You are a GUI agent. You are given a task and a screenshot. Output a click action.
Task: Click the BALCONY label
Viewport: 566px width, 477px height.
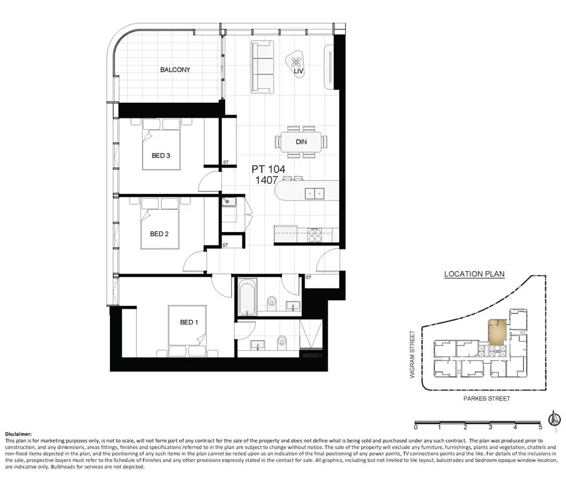(175, 70)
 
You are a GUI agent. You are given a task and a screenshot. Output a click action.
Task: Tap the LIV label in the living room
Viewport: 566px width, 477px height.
(299, 72)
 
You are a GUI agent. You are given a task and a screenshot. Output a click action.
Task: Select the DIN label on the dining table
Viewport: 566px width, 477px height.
(301, 142)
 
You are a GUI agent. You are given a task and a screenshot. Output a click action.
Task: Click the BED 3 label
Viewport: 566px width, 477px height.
(160, 155)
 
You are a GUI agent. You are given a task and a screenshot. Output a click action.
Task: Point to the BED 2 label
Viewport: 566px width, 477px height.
(159, 234)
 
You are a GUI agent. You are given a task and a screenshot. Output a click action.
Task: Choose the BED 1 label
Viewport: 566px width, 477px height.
(189, 322)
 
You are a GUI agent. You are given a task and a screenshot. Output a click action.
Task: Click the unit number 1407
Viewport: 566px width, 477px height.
(266, 180)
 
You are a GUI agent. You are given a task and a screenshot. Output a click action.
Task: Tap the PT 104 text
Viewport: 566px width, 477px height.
(268, 169)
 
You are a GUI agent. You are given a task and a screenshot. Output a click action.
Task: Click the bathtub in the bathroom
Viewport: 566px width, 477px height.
(247, 297)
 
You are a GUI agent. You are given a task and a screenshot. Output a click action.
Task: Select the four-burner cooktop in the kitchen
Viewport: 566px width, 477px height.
(314, 235)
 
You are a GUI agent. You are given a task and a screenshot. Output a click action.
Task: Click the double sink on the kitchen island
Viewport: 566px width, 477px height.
(315, 194)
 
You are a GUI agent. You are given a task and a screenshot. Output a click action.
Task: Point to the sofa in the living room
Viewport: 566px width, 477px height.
(262, 67)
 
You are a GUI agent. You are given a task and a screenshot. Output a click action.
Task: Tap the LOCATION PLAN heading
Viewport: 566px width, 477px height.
(474, 274)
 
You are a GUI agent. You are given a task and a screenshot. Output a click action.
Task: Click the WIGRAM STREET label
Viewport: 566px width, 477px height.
(412, 355)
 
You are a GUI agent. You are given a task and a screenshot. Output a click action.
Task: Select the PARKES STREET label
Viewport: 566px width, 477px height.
(487, 399)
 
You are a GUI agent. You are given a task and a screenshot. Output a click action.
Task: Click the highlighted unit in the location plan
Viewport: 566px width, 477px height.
(497, 332)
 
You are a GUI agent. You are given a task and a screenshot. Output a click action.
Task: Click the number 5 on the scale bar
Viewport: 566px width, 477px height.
(540, 427)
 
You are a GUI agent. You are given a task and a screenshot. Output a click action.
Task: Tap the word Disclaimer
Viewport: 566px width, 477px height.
(18, 434)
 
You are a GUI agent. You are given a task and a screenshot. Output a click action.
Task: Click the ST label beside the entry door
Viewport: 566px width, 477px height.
(309, 277)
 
